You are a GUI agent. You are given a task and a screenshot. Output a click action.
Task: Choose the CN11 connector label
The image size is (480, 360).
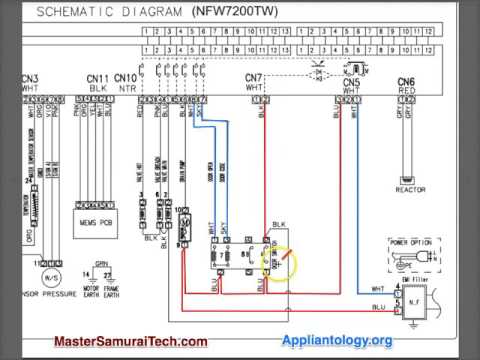click(97, 78)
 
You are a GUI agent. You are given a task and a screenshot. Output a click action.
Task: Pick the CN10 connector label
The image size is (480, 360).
click(125, 78)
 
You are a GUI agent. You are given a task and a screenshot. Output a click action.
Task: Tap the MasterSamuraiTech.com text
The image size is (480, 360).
click(130, 341)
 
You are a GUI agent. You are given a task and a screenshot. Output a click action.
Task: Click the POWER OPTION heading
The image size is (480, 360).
click(412, 241)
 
